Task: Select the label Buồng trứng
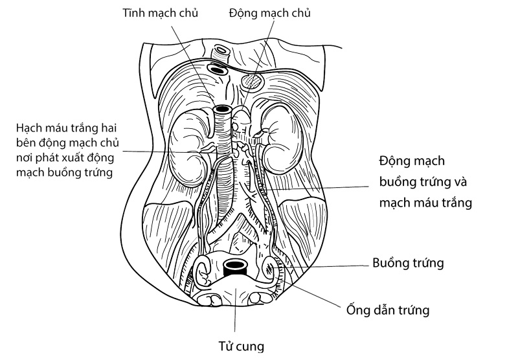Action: pos(408,263)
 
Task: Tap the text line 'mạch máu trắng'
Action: pos(425,203)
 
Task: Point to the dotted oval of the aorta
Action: pos(253,82)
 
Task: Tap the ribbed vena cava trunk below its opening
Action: pos(225,162)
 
